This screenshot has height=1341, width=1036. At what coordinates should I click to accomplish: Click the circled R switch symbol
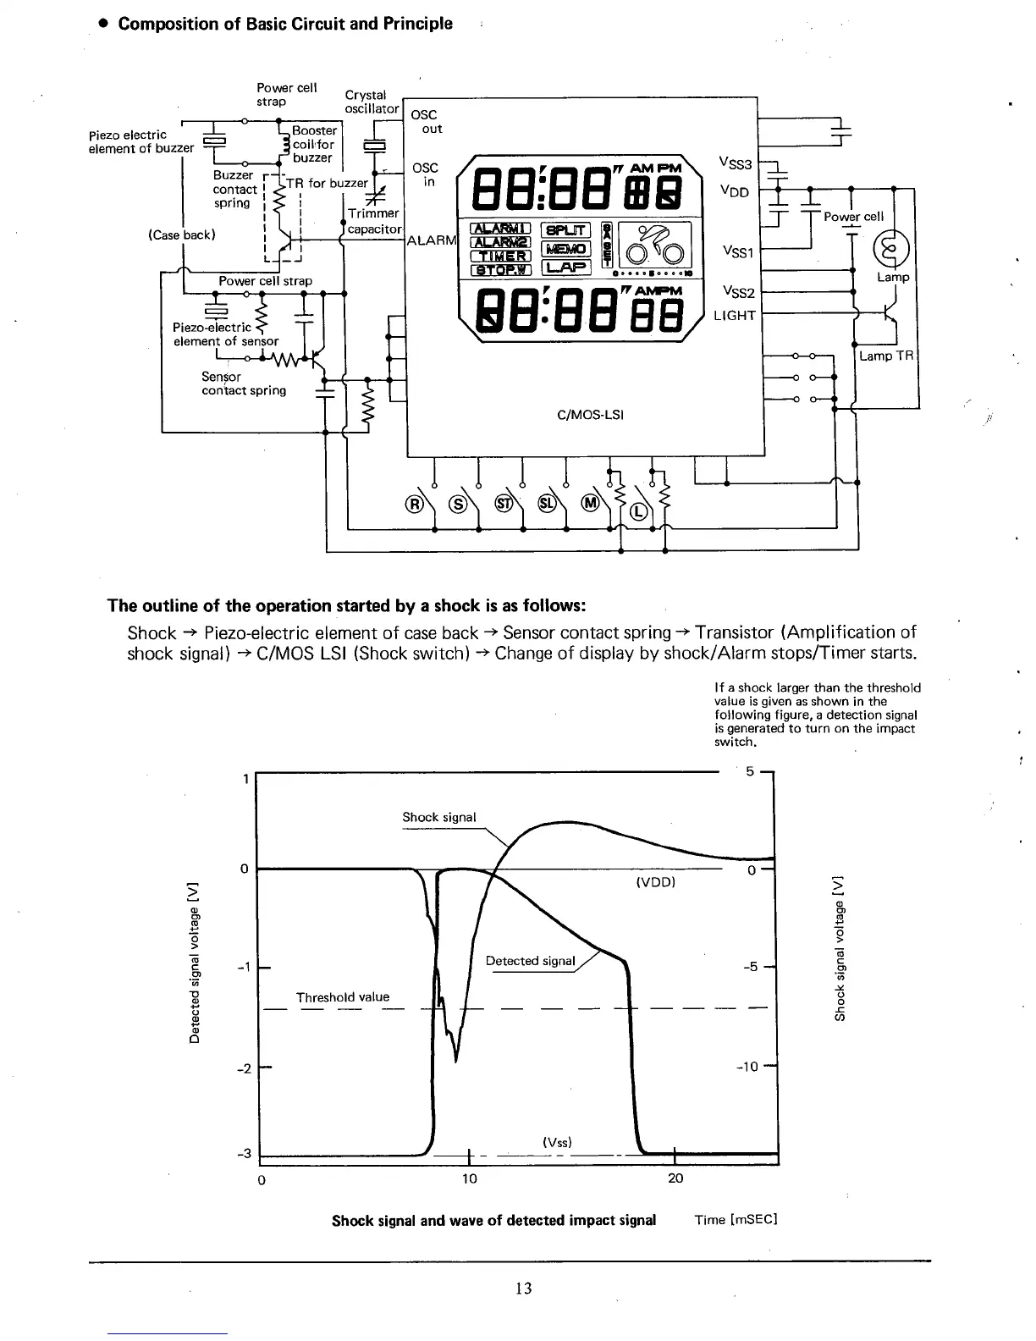[x=415, y=505]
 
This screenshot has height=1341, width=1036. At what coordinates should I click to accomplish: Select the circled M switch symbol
[x=589, y=505]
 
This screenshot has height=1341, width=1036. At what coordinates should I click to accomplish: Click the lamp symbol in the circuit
[x=895, y=248]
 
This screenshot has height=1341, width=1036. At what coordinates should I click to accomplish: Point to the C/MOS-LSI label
[x=590, y=415]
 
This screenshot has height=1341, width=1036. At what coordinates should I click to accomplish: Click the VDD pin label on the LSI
[x=734, y=191]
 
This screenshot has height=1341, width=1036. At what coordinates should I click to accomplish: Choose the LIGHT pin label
[x=734, y=316]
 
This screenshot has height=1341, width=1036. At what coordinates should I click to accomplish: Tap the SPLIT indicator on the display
[x=566, y=229]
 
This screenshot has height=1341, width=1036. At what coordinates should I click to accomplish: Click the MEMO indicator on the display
[x=566, y=248]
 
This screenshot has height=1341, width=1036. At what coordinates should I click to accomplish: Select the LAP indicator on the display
[x=566, y=268]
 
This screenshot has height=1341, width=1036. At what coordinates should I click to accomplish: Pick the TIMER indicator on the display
[x=501, y=257]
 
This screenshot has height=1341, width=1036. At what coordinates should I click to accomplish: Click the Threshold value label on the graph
[x=343, y=996]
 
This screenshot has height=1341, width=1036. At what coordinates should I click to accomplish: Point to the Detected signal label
[x=530, y=960]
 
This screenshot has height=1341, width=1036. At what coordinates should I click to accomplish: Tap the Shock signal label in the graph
[x=438, y=817]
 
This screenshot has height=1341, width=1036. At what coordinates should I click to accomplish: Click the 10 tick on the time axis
[x=469, y=1178]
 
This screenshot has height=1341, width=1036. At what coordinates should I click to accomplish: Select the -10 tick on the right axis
[x=749, y=1066]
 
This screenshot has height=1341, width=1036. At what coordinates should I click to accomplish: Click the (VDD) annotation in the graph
[x=654, y=882]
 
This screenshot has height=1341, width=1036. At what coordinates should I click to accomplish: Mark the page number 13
[x=523, y=1289]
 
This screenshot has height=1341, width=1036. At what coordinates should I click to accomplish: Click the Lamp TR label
[x=887, y=356]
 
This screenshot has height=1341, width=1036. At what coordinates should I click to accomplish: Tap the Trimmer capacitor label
[x=373, y=221]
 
